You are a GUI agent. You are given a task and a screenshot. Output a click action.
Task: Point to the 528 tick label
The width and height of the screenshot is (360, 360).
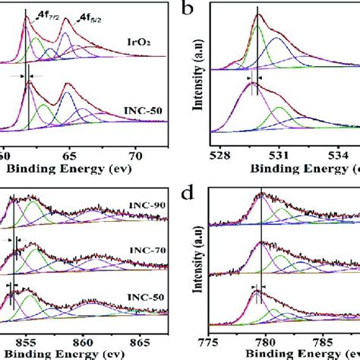tap(220, 158)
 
